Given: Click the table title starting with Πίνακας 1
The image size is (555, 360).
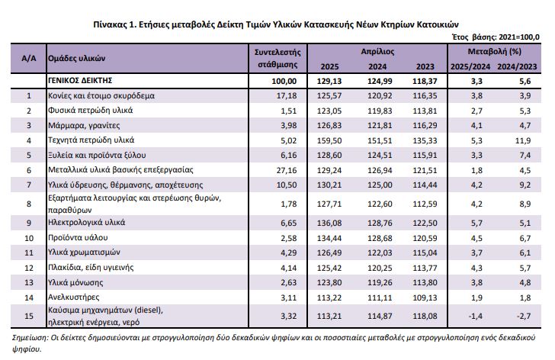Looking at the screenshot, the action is point(276,24).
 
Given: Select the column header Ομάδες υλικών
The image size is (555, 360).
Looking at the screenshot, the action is point(77,59).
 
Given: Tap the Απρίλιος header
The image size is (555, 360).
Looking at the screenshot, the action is point(377,52).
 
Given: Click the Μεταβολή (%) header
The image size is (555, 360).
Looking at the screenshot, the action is point(495,52).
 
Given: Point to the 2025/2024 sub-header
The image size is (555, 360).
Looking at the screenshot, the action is point(470,66).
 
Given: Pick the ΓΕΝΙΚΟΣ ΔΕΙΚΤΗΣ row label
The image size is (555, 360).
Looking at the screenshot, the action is point(80,81).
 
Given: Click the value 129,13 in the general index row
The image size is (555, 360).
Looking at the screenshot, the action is point(329,81).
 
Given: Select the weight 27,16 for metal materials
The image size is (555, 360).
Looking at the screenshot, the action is point(287,170).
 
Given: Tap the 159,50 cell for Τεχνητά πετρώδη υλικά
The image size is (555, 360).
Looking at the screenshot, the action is point(329,140).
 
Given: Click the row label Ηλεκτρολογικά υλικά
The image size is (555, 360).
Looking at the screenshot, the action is point(87,223).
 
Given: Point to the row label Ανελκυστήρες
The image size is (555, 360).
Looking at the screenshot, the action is point(74,297).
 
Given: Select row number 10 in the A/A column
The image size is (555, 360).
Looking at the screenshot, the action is point(29,238).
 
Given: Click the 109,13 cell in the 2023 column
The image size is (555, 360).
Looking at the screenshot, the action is point(425,297).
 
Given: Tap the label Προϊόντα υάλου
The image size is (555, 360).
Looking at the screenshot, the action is point(78,237).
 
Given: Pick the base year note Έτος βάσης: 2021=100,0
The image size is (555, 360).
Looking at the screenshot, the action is point(496,37).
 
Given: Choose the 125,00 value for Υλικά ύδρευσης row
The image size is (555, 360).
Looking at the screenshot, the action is point(380,185).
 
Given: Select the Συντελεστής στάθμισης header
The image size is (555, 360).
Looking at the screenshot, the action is point(277,59).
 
